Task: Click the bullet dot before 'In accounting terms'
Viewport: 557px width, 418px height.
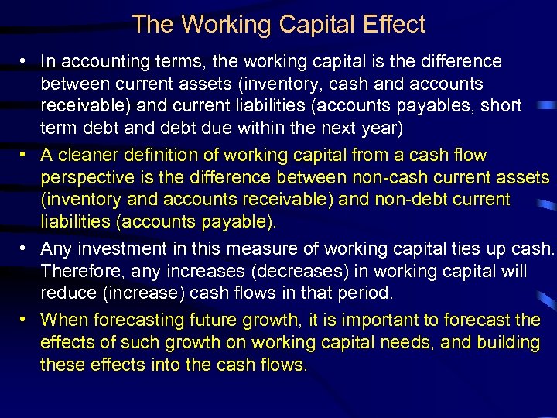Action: coord(26,62)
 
